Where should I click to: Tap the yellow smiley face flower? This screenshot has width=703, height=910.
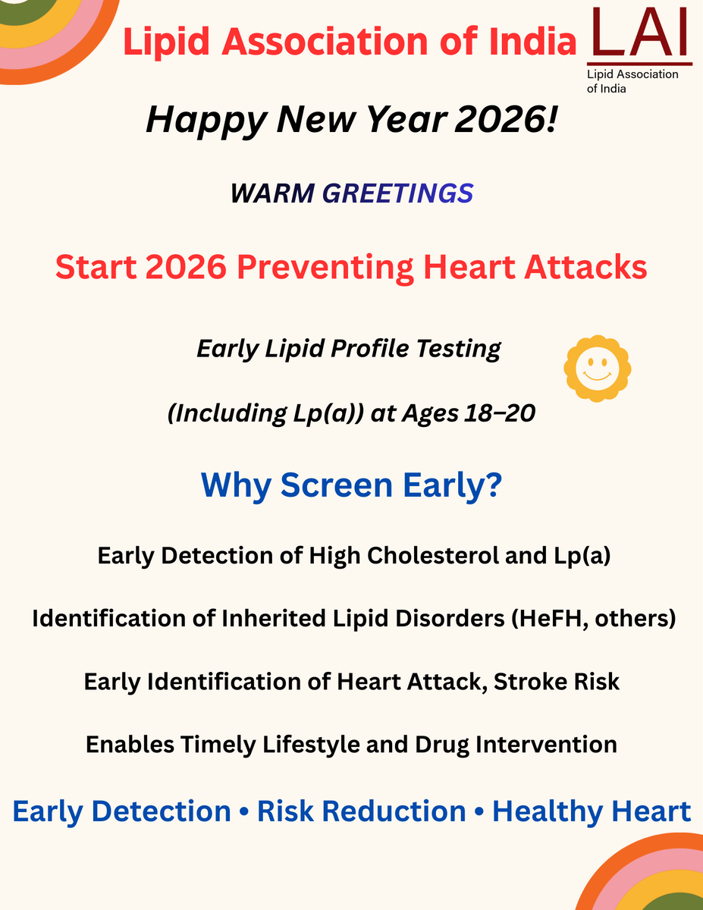598,369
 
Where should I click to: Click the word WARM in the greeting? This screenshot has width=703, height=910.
272,193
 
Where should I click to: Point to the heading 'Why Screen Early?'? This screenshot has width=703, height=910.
351,485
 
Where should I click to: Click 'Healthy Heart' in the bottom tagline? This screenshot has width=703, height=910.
592,811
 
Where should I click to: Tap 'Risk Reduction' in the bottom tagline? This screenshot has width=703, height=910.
361,811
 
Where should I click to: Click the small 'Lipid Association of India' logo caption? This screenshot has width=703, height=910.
632,81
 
